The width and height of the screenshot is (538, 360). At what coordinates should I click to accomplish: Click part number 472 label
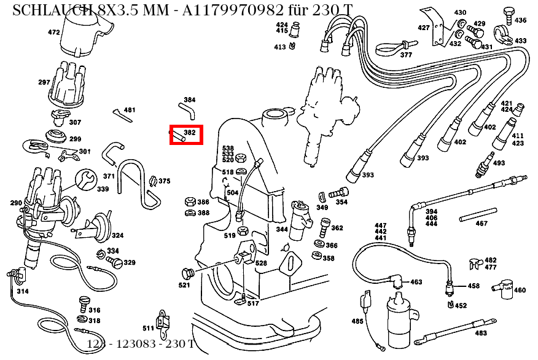click(x=54, y=33)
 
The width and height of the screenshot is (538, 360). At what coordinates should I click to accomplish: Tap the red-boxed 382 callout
click(x=185, y=134)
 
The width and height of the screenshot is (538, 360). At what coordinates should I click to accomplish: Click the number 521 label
click(x=184, y=285)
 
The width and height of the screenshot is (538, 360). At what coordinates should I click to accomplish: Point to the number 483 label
click(x=480, y=333)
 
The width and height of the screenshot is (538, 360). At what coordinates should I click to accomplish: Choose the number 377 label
click(x=406, y=55)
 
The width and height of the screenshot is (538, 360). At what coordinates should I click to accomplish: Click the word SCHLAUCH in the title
click(x=51, y=9)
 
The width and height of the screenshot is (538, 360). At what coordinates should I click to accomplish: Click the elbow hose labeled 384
click(x=186, y=110)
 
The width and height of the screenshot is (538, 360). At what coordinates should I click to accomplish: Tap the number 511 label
click(x=148, y=327)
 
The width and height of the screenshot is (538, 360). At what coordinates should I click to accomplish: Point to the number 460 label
click(x=520, y=290)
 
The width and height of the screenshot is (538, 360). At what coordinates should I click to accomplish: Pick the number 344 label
click(x=282, y=230)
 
